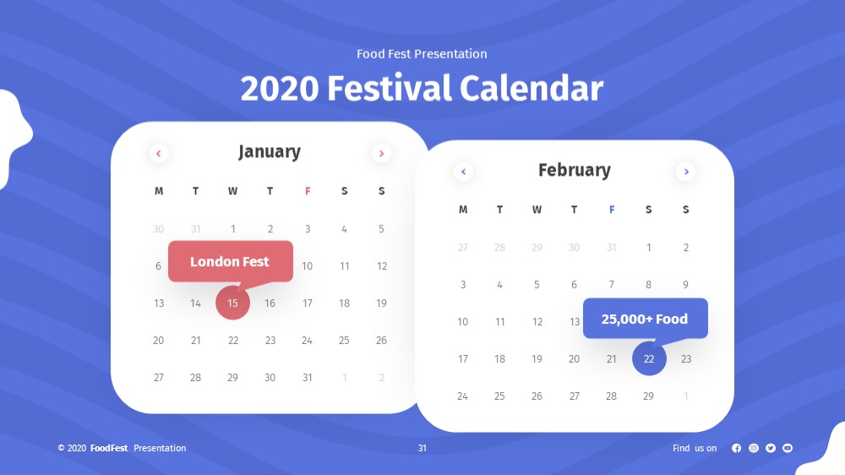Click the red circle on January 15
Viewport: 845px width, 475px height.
(x=233, y=303)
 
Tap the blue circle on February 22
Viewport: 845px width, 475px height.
(x=649, y=358)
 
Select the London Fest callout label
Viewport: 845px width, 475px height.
(x=231, y=261)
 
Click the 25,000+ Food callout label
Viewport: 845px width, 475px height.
(x=645, y=319)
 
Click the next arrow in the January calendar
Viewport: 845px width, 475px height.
(x=381, y=154)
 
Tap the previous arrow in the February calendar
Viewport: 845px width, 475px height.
(x=463, y=172)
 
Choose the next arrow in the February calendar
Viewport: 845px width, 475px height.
(x=686, y=172)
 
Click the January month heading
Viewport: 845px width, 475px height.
(x=270, y=151)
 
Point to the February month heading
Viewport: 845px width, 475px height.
(x=575, y=170)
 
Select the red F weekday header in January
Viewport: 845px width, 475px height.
(x=308, y=191)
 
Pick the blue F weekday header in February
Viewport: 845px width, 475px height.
(x=612, y=210)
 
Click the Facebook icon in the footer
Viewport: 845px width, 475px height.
(x=736, y=448)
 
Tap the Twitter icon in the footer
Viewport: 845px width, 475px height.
(x=771, y=448)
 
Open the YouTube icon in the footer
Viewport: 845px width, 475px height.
(x=788, y=448)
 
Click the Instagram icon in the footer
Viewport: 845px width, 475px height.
(x=754, y=448)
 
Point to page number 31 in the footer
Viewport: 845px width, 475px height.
(x=422, y=448)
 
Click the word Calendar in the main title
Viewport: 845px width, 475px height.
(x=532, y=89)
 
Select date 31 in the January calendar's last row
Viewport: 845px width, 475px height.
(x=308, y=378)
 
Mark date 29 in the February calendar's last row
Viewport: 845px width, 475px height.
(x=648, y=396)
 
